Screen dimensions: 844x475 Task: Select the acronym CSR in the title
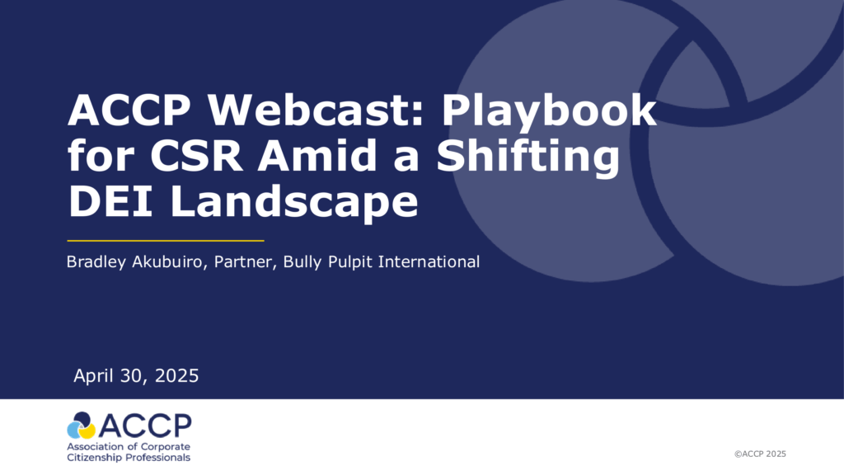pos(196,156)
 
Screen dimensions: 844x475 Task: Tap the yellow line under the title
pos(165,241)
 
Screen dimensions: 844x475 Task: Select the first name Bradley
pos(96,262)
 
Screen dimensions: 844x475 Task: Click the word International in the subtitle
pos(429,261)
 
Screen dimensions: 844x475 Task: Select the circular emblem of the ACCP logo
pos(81,426)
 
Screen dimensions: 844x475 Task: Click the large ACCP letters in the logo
pos(145,426)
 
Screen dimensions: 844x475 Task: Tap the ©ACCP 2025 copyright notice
pos(760,454)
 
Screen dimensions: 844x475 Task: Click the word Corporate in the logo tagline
pos(164,447)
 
